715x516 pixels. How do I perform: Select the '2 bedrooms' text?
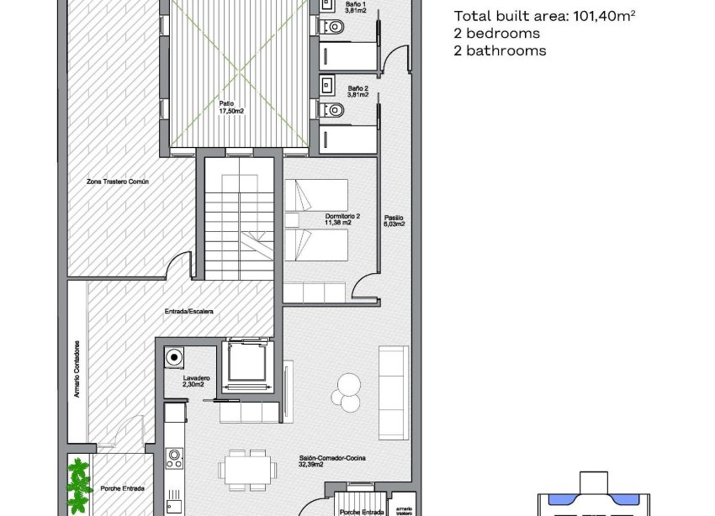496,34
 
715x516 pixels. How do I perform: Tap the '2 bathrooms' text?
500,50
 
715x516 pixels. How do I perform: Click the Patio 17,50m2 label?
231,107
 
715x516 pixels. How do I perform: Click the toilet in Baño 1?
334,27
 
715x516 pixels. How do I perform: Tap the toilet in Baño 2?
334,108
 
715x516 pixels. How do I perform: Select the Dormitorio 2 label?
342,219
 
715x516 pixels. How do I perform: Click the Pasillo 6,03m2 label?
394,220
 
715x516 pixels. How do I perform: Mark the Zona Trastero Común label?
117,181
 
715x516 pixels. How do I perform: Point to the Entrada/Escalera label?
188,312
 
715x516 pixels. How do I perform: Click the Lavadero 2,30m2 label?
196,382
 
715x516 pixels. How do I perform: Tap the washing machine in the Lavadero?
174,358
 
